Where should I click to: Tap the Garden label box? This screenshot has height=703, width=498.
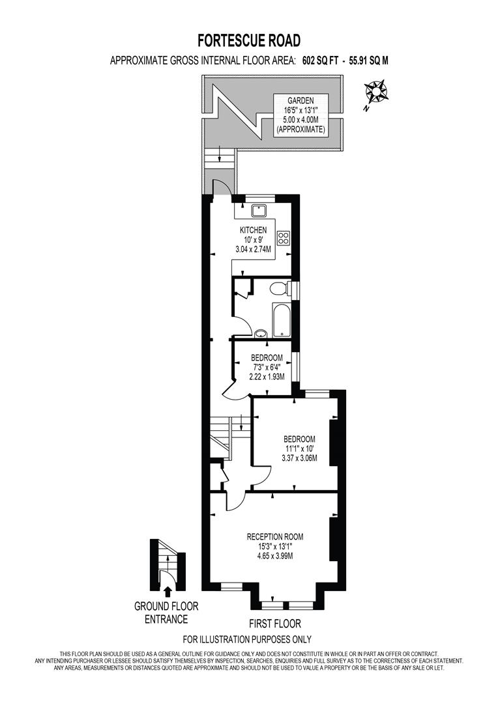(x=300, y=115)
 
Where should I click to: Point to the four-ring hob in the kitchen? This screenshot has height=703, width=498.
(x=284, y=238)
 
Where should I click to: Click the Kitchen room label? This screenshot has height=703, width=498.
(x=253, y=230)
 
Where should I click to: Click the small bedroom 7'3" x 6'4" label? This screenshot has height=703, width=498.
(x=267, y=366)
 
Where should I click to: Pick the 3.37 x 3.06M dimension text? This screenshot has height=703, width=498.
(x=299, y=458)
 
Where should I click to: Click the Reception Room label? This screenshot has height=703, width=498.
(x=274, y=536)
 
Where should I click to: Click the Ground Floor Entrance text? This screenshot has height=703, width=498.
(x=166, y=613)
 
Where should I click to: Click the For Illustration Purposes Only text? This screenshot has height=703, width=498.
(x=247, y=639)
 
